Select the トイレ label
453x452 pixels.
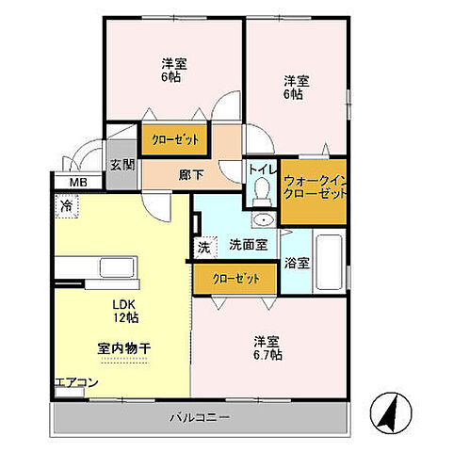coord(262,169)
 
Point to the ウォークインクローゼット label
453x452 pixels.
coord(314,185)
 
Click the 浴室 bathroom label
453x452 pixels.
coord(297,263)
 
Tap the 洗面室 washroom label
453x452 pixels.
coord(248,245)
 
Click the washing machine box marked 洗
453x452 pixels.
coord(203,248)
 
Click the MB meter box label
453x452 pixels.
coord(72,182)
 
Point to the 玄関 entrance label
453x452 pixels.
coord(121,165)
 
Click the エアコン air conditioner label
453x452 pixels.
coord(75,382)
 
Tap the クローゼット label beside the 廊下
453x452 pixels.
coord(175,140)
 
